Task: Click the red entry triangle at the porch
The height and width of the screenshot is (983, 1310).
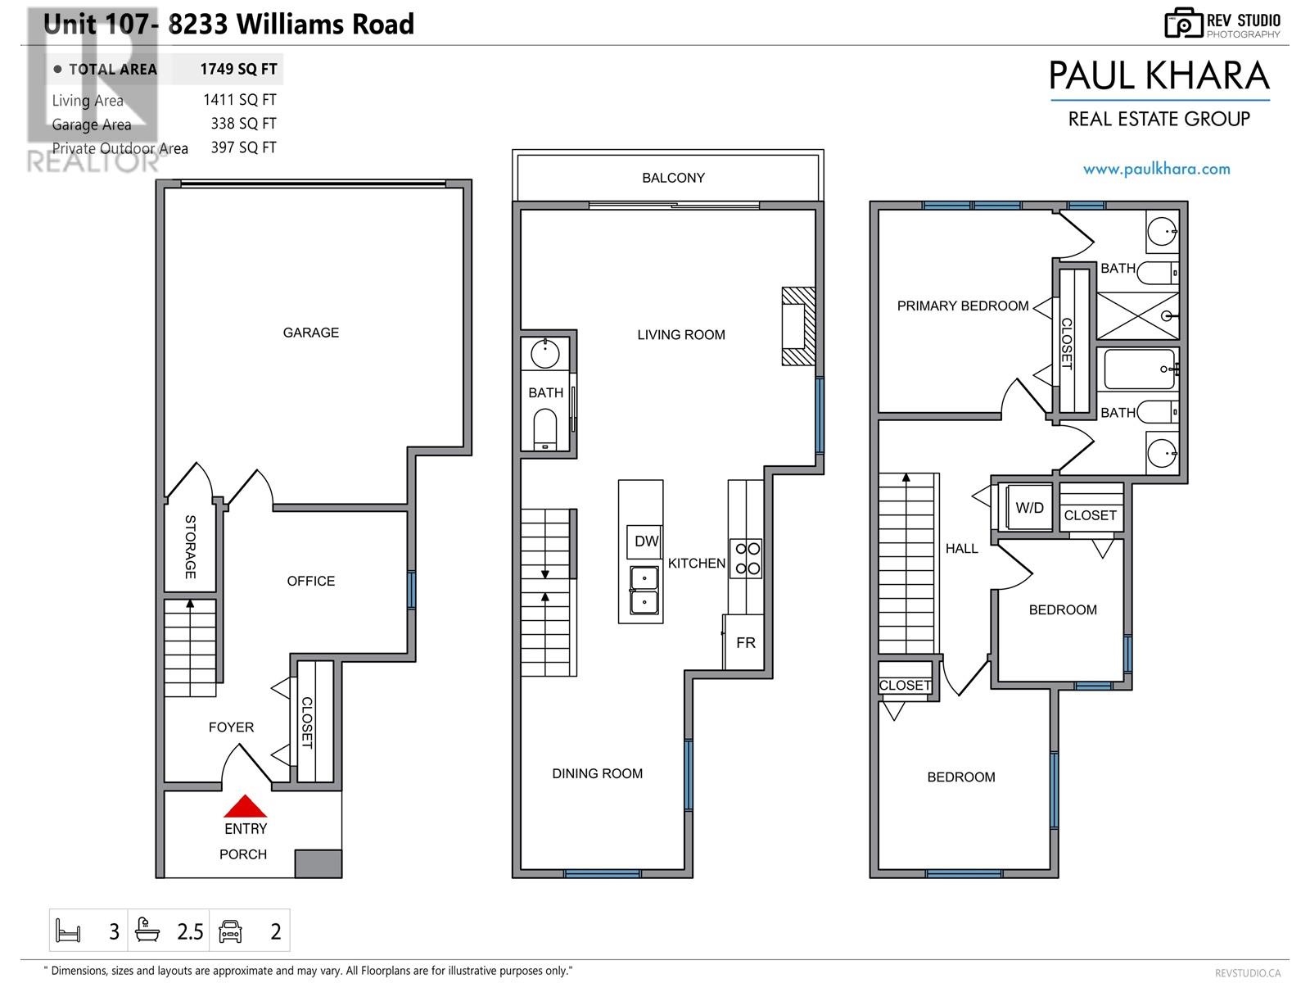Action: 246,808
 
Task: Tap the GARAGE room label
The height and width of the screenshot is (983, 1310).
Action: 310,333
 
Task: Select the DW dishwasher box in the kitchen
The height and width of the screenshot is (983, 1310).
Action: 645,541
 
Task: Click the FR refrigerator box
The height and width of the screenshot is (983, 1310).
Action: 745,643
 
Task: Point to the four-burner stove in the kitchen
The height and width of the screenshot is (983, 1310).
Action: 746,558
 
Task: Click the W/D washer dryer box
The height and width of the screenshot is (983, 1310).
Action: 1029,508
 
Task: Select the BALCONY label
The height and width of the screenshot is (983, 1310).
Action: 673,178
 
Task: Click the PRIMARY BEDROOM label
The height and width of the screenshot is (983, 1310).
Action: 962,306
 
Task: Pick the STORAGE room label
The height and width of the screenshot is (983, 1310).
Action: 190,547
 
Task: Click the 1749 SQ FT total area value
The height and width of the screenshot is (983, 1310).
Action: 238,70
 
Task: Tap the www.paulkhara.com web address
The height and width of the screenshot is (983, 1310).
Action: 1156,170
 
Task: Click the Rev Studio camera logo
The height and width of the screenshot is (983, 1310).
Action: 1183,23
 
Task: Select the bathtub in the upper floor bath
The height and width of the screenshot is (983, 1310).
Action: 1140,369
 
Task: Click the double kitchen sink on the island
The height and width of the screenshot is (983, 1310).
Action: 644,591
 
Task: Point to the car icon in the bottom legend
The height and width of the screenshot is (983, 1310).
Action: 231,931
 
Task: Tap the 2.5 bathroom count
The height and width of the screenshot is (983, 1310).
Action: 190,931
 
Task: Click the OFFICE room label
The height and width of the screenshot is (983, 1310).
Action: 310,581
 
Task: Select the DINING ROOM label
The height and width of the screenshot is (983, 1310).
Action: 597,773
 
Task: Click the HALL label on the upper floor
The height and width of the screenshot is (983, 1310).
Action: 961,549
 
